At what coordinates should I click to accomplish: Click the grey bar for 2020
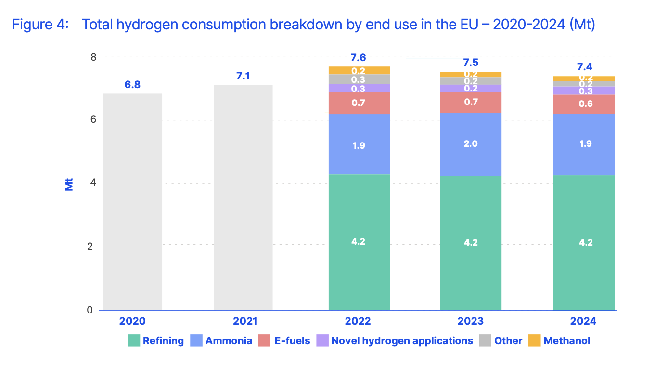132,202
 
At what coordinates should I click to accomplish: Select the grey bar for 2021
243,197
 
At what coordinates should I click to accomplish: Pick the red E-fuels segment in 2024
584,104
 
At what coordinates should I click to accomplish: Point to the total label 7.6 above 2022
358,58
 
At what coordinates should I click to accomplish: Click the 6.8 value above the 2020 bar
132,85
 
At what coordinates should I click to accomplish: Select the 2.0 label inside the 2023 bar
471,143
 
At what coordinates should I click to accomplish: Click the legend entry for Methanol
566,341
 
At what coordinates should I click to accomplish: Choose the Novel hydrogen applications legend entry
402,341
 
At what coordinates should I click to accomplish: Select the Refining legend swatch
134,341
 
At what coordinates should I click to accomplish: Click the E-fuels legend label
292,341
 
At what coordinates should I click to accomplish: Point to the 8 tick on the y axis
93,57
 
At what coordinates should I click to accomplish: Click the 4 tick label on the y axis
93,183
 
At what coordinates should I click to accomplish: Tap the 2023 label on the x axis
471,321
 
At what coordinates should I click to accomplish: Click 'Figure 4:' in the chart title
41,25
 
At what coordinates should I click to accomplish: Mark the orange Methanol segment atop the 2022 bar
359,70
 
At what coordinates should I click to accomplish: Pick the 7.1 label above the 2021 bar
243,76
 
